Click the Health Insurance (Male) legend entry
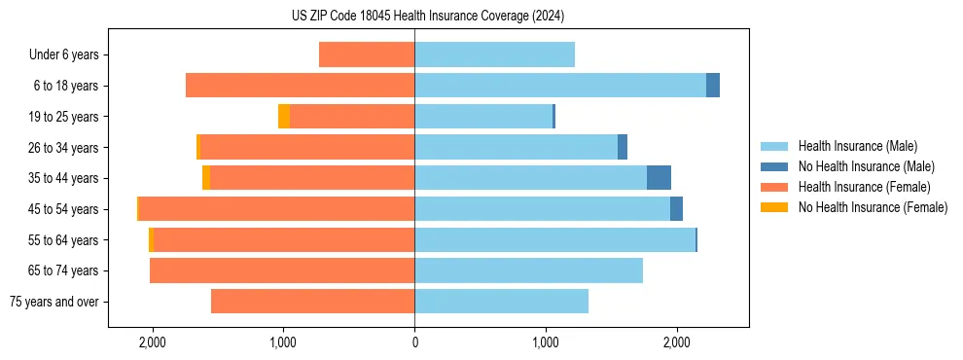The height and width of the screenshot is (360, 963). click(857, 146)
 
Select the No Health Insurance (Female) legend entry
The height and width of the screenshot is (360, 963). click(873, 207)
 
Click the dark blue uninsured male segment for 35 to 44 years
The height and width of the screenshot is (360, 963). click(659, 178)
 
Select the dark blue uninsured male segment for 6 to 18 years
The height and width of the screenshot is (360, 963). click(713, 86)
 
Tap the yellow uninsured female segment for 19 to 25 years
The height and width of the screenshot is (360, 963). click(284, 117)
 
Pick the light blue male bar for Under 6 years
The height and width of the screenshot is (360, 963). click(494, 54)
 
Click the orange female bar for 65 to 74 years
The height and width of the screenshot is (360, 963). click(282, 270)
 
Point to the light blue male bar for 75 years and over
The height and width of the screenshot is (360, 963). click(501, 302)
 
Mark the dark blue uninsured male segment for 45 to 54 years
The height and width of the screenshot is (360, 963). click(676, 209)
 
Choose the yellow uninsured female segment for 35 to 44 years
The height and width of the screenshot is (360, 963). click(206, 178)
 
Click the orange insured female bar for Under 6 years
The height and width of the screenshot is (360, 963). click(367, 54)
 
